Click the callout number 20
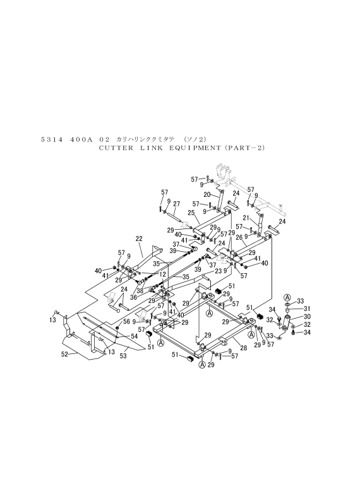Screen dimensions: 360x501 coord(207,194)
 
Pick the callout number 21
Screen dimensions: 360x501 coord(246,218)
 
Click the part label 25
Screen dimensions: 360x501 coord(191,213)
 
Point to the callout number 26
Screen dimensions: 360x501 coord(239,238)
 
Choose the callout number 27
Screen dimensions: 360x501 coord(176,204)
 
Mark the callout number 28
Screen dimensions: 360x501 coord(244,348)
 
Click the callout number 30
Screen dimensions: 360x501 coord(298,317)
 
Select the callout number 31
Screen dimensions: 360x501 coord(298,309)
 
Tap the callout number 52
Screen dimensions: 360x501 coord(65,354)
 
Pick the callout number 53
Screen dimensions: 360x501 coord(123,355)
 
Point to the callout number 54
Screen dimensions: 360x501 coord(134,336)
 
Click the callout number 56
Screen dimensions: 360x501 coord(126,321)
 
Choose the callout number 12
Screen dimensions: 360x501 coord(163,274)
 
